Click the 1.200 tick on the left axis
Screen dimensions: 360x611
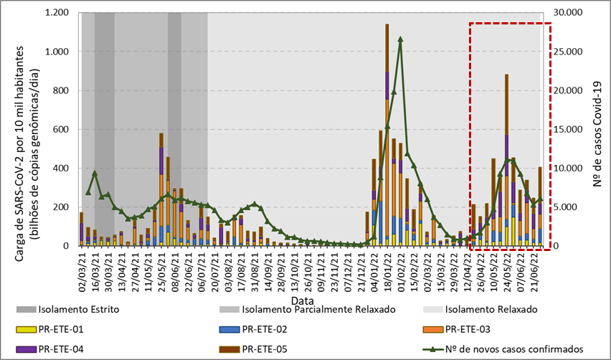58,14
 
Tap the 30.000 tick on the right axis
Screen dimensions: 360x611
570,14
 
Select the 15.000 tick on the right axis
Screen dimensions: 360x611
570,130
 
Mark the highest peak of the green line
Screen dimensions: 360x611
400,39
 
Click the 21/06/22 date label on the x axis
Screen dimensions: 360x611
536,267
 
